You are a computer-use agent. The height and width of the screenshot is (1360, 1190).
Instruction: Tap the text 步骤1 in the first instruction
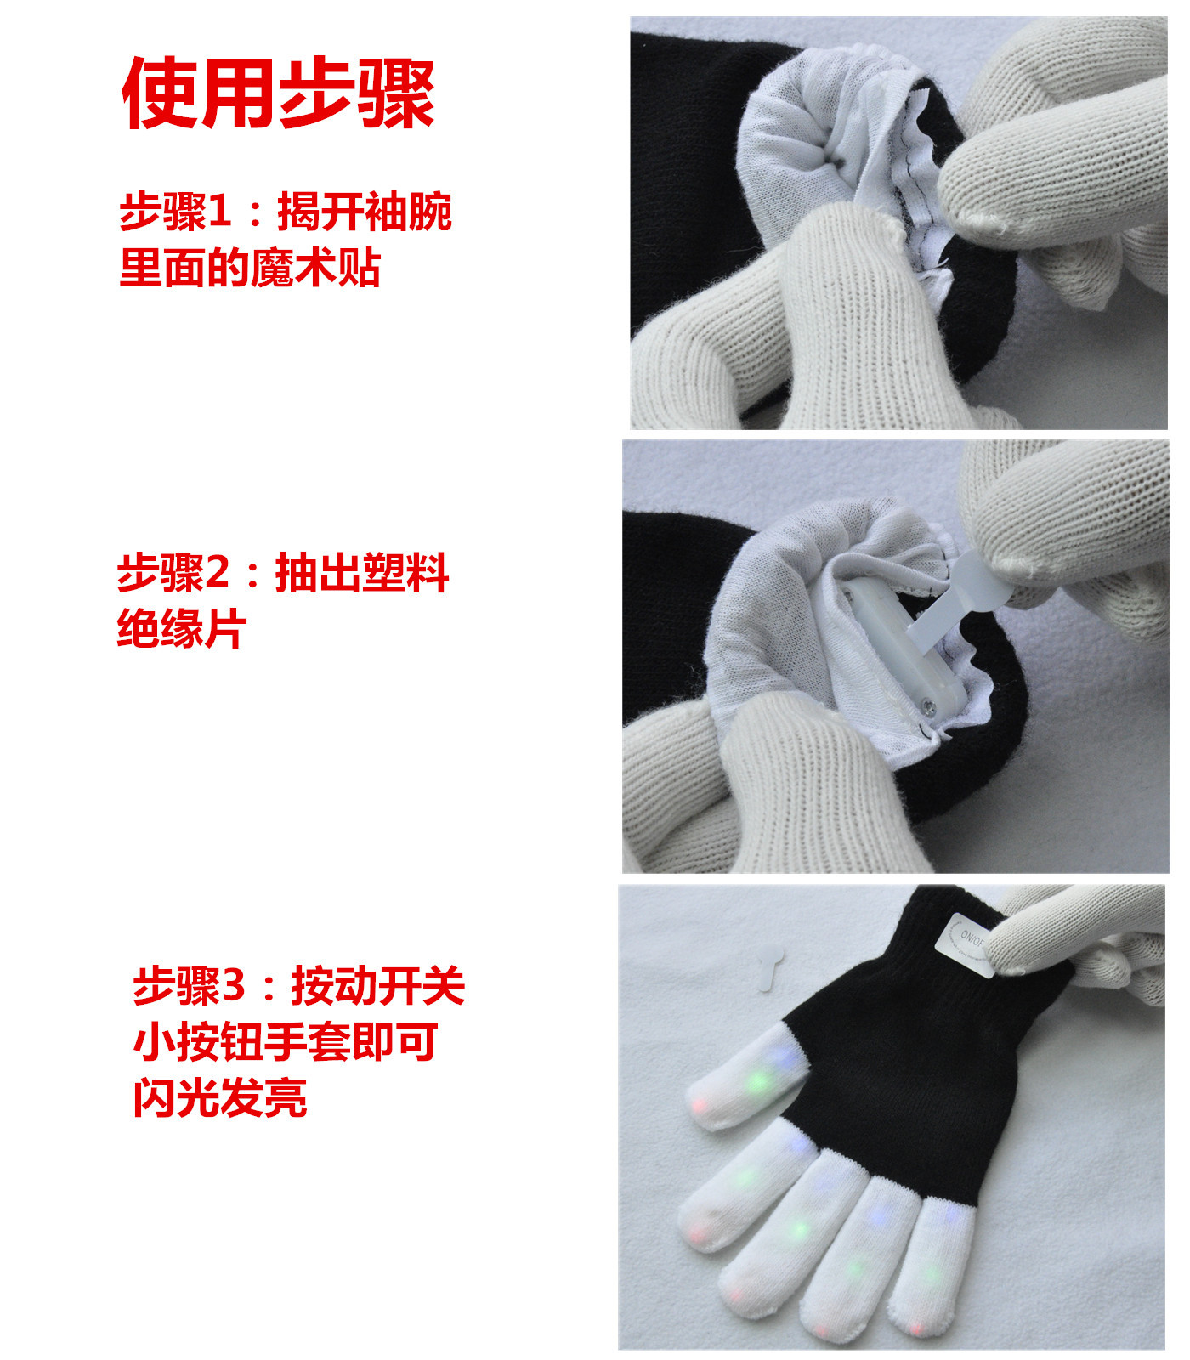pos(175,212)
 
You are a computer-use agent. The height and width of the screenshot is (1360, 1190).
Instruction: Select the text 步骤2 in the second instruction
pos(173,573)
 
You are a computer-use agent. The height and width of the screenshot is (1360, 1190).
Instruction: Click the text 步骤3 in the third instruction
pos(189,986)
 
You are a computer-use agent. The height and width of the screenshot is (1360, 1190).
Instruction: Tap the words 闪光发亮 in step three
pos(220,1097)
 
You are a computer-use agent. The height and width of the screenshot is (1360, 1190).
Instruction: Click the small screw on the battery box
pos(927,701)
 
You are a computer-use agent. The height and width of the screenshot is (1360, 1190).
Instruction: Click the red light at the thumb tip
pos(702,1105)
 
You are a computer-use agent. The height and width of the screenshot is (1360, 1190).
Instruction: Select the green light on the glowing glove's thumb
pos(759,1080)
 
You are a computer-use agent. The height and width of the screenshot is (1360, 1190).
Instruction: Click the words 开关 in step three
pos(422,986)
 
